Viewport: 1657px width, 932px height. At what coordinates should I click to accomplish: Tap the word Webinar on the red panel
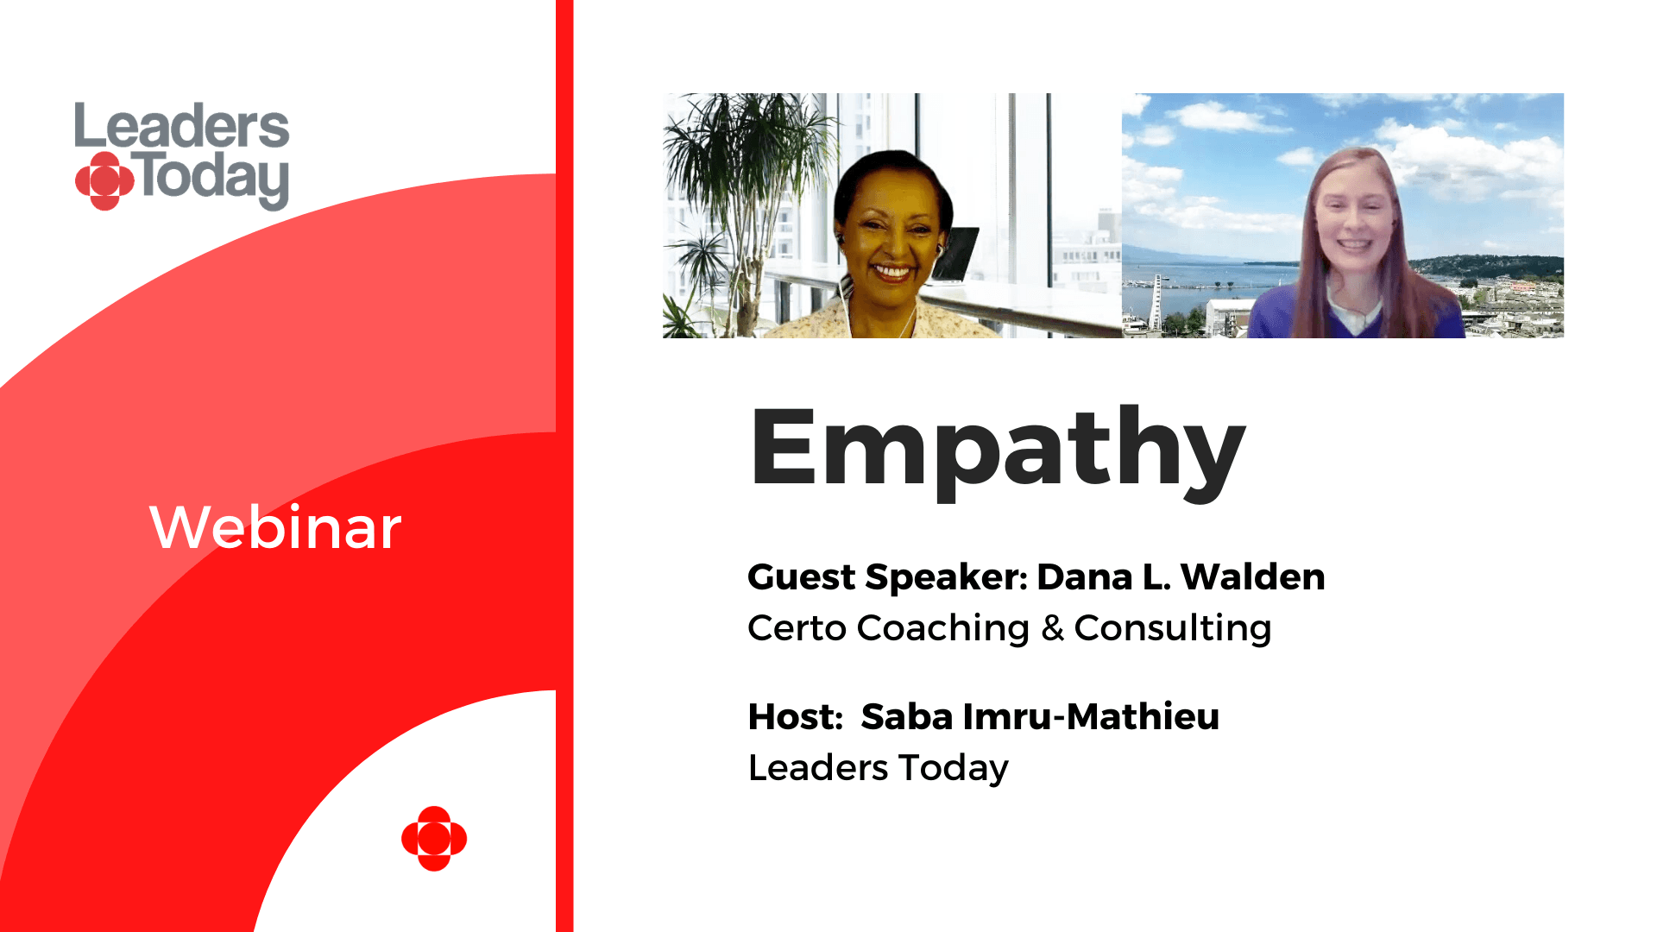(275, 527)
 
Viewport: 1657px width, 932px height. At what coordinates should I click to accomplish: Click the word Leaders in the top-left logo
(182, 126)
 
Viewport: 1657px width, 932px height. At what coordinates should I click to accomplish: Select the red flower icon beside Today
(104, 181)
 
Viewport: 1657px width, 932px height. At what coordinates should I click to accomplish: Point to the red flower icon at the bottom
(434, 839)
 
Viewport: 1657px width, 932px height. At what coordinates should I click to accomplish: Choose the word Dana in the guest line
(1085, 576)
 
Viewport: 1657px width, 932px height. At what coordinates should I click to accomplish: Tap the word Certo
(797, 628)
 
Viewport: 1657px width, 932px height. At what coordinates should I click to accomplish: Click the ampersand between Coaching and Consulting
(1052, 628)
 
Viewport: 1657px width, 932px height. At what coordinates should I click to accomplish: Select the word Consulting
(1173, 628)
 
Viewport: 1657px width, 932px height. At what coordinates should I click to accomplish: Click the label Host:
(795, 717)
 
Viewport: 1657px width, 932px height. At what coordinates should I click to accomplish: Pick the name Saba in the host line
(906, 717)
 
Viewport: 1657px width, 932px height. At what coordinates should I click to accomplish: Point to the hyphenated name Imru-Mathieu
(1091, 717)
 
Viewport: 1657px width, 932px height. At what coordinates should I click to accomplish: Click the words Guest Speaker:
(888, 577)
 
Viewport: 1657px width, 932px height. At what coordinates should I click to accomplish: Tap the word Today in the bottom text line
(954, 769)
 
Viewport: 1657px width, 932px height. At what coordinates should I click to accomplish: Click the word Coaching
(943, 628)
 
